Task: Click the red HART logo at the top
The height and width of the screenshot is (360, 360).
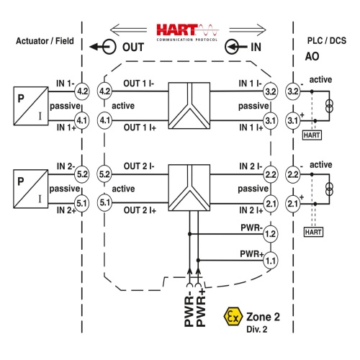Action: (x=187, y=32)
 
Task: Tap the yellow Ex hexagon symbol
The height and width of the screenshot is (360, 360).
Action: (x=233, y=317)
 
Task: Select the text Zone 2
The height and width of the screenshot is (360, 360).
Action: (x=263, y=317)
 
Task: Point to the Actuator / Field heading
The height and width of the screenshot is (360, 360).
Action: (x=45, y=41)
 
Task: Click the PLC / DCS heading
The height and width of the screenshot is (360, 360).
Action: (x=327, y=40)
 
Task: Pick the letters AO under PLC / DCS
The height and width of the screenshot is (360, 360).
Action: (x=312, y=57)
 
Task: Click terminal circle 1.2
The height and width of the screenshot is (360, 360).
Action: (x=271, y=234)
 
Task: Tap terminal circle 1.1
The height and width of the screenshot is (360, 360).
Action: (x=271, y=261)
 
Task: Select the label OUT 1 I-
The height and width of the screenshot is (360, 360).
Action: (x=139, y=84)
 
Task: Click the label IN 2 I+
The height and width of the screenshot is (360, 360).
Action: (x=251, y=210)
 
